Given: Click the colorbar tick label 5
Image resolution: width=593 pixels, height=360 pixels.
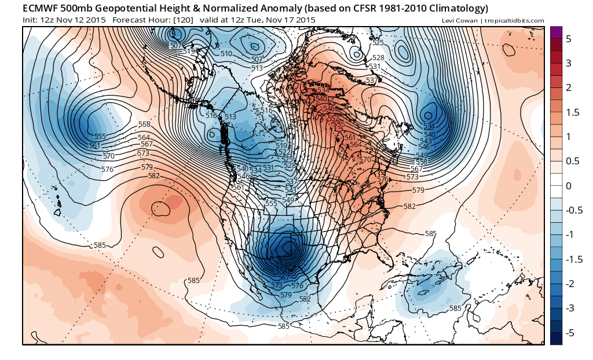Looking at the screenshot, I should (569, 38).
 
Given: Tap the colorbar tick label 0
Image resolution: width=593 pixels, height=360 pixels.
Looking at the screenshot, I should (569, 186).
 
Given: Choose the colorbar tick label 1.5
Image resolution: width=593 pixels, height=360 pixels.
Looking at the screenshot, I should (572, 112).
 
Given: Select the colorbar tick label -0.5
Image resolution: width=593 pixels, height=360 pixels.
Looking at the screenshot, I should (572, 210).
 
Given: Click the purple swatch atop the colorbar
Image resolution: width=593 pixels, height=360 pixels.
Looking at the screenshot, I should (556, 32).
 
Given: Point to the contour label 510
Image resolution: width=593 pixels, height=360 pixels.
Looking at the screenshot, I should (226, 54).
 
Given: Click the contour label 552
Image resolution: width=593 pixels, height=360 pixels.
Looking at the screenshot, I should (333, 118).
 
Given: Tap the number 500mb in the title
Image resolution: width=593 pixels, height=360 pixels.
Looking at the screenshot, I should (86, 8).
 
